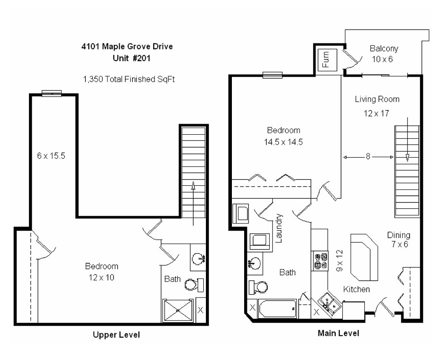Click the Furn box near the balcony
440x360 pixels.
(x=328, y=59)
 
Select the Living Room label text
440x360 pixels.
(x=377, y=99)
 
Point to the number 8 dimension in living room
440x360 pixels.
(x=368, y=157)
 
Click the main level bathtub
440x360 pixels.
(x=277, y=309)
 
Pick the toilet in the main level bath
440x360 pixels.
(x=258, y=287)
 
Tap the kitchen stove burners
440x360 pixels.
(x=320, y=260)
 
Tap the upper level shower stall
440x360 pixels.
(x=178, y=311)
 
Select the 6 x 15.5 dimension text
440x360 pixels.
(x=51, y=156)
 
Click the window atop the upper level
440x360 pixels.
(x=52, y=93)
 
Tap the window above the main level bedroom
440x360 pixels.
(x=272, y=75)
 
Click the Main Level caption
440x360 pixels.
(x=338, y=333)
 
